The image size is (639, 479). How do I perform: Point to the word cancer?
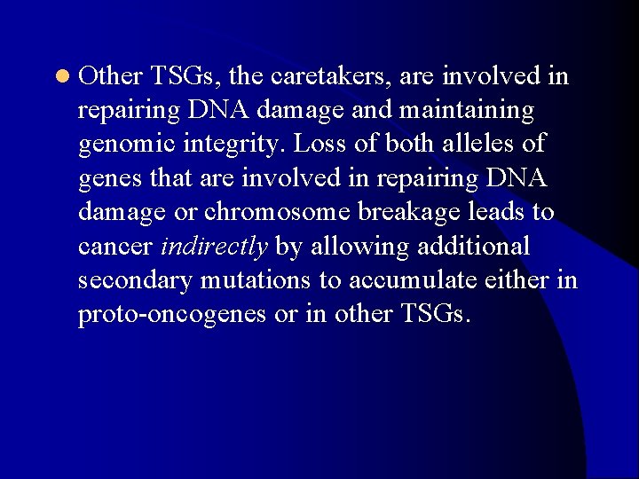coord(114,247)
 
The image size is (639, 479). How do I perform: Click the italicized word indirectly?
coord(214,247)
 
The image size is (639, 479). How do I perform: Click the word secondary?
coord(135,280)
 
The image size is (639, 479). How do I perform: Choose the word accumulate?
coord(414,280)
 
